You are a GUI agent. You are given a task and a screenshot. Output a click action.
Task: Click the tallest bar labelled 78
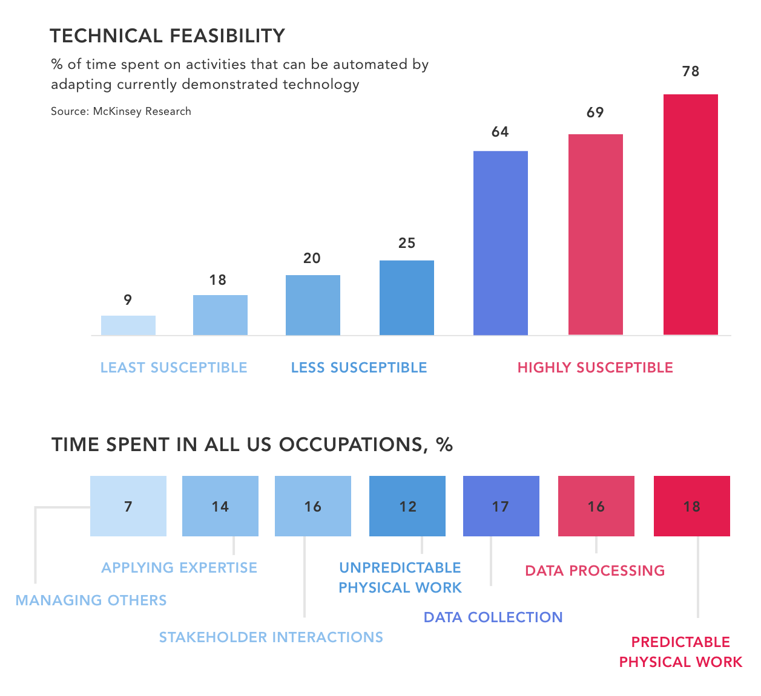(690, 215)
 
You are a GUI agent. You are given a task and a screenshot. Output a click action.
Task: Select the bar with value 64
(500, 242)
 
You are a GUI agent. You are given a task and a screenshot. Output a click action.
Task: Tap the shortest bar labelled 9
(128, 325)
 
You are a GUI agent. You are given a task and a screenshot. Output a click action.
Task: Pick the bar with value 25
(406, 298)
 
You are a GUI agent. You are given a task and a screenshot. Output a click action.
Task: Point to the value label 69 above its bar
(595, 112)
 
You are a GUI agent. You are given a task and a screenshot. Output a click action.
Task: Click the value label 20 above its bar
(312, 258)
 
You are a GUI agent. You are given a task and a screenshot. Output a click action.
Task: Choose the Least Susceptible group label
(174, 368)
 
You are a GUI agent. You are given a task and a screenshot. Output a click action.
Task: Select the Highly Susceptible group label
(595, 368)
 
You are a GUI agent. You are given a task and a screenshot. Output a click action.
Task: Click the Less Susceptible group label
(359, 368)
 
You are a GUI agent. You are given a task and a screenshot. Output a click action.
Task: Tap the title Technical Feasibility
(168, 36)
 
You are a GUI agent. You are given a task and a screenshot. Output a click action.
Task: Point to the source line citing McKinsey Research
(121, 111)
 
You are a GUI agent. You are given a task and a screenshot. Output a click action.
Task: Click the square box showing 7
(128, 506)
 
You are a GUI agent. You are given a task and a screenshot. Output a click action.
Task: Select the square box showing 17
(501, 506)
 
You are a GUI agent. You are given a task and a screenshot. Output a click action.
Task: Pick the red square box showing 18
(691, 506)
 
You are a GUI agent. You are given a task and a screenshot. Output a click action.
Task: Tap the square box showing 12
(407, 506)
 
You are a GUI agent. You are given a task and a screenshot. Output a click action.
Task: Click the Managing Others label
(91, 600)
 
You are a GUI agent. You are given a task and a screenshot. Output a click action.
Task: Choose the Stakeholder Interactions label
(271, 637)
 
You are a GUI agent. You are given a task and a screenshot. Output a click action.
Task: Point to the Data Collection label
(493, 617)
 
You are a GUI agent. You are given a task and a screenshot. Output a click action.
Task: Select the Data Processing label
(595, 571)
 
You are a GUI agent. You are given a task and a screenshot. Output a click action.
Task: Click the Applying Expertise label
(179, 568)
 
